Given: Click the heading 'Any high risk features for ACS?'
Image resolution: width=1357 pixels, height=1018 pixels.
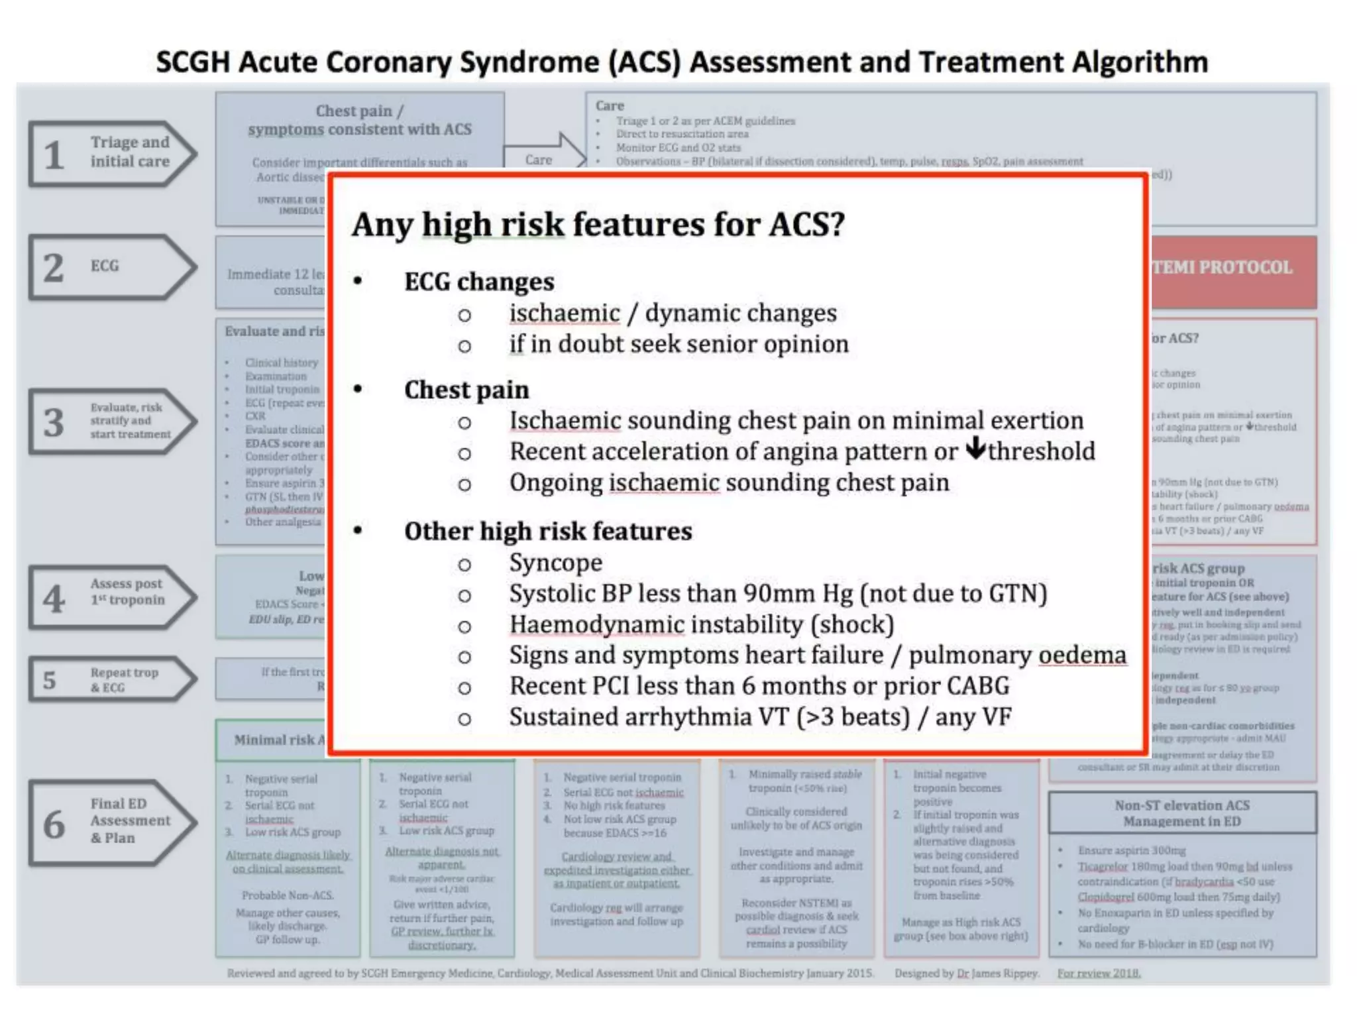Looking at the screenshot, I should click(598, 224).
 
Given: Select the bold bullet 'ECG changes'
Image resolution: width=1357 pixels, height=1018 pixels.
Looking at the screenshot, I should click(479, 282).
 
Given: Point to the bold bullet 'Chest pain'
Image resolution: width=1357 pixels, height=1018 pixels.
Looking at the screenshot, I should click(466, 390).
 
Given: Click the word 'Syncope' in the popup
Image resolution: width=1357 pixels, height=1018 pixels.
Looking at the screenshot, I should click(555, 563).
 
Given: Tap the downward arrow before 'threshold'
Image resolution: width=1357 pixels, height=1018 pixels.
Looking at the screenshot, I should click(975, 449).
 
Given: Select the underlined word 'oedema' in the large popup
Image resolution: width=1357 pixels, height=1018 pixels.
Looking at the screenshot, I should click(1082, 655).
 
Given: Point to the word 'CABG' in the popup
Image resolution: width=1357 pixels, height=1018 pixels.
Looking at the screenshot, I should click(977, 686).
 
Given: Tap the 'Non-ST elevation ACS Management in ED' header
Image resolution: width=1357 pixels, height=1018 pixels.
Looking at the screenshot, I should click(1182, 813).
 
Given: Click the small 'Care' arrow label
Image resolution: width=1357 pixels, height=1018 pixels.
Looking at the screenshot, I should click(539, 160).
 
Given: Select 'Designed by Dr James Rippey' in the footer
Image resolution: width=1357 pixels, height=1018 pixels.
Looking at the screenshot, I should click(967, 973).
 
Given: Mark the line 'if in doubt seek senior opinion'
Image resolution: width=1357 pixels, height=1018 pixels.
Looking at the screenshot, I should click(678, 345).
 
